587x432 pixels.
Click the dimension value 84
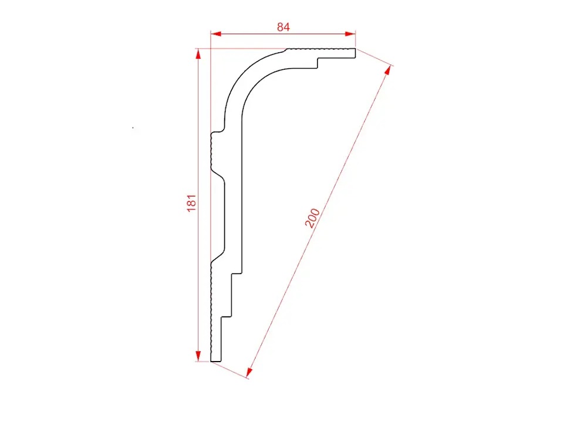pyautogui.click(x=284, y=27)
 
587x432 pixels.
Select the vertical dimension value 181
pyautogui.click(x=191, y=203)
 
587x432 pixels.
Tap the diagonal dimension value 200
pyautogui.click(x=312, y=218)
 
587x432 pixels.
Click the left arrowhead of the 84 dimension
pyautogui.click(x=216, y=34)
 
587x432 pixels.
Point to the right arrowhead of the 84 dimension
pyautogui.click(x=350, y=34)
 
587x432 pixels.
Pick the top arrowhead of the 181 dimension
pyautogui.click(x=198, y=54)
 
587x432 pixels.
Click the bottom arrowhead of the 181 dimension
pyautogui.click(x=198, y=356)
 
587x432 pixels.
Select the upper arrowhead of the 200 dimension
pyautogui.click(x=388, y=70)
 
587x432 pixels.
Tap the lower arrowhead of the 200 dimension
pyautogui.click(x=249, y=372)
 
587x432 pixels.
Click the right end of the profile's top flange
pyautogui.click(x=355, y=53)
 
